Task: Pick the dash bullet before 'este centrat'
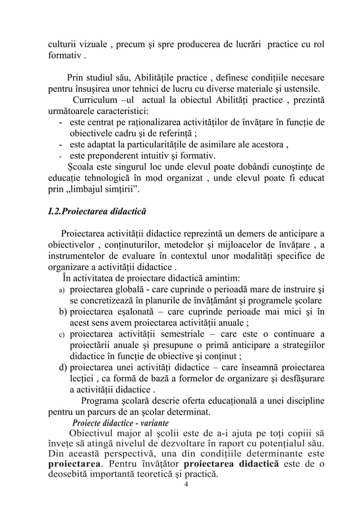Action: (61, 123)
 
